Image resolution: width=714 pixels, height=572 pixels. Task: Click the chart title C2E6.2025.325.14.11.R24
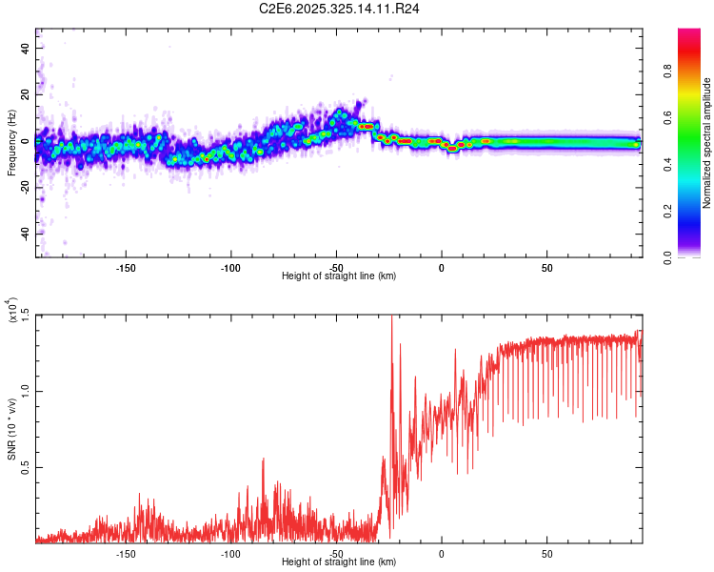[x=340, y=9]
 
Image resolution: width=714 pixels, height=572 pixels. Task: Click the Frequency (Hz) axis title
[x=12, y=143]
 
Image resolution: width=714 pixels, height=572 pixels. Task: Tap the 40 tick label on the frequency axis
[x=25, y=48]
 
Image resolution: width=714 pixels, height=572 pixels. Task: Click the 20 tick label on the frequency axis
[x=25, y=94]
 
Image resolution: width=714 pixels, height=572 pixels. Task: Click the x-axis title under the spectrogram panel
[x=339, y=276]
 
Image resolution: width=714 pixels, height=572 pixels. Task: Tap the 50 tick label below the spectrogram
[x=546, y=268]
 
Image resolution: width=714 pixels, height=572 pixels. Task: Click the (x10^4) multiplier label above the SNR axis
[x=12, y=311]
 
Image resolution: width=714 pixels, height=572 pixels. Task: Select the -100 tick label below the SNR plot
[x=230, y=553]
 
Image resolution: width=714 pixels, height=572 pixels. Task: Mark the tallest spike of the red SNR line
[x=392, y=318]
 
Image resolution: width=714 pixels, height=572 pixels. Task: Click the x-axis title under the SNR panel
[x=339, y=562]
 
